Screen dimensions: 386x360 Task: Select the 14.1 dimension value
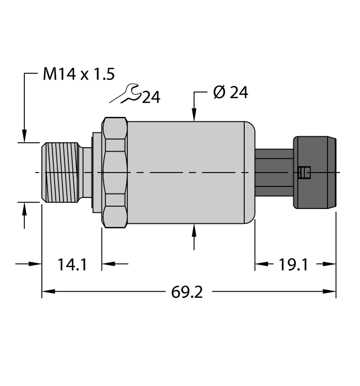[x=72, y=265]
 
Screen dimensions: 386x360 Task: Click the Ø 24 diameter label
[x=230, y=93]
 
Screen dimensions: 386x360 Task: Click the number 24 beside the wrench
[x=151, y=98]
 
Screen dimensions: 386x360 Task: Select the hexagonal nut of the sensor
[x=115, y=172]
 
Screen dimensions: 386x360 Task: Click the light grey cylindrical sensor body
[x=190, y=172]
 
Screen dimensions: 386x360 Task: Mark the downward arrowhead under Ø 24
[x=194, y=116]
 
